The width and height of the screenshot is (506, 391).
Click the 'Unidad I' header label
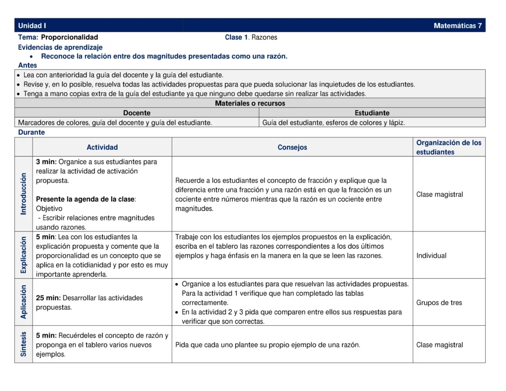point(32,26)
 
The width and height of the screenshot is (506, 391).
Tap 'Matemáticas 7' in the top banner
point(458,26)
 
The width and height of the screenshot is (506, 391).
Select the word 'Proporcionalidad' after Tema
point(70,37)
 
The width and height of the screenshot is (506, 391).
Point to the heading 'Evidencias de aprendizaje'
point(60,47)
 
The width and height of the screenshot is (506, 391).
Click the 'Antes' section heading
point(28,65)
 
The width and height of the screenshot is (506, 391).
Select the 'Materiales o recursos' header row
point(250,103)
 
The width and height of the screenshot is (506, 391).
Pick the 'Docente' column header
point(137,113)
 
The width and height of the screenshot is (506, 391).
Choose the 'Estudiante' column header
point(372,113)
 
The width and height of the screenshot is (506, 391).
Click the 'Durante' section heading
point(32,132)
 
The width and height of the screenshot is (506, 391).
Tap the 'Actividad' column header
point(102,147)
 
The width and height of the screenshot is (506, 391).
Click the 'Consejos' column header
point(293,147)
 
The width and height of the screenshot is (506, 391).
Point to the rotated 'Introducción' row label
point(24,194)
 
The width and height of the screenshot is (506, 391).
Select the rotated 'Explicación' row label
point(24,255)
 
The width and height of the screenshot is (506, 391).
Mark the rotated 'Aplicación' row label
point(24,302)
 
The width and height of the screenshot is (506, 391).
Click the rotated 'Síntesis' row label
point(24,344)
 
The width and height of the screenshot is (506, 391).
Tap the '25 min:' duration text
point(48,298)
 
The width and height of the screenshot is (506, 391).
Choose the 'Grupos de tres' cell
point(439,303)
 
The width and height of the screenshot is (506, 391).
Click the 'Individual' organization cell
point(431,256)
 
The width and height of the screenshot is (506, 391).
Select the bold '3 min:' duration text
point(46,162)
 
